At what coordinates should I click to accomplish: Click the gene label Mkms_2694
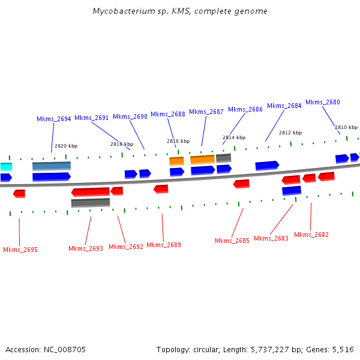(x=54, y=119)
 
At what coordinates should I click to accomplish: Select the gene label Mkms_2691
(x=92, y=118)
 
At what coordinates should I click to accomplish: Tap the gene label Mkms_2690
(x=130, y=116)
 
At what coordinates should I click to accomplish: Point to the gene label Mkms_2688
(x=168, y=114)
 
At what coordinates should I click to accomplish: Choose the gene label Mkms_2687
(x=206, y=112)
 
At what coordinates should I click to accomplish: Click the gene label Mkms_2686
(x=245, y=109)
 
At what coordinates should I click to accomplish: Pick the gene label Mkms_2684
(x=284, y=106)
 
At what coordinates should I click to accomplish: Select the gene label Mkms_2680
(x=323, y=102)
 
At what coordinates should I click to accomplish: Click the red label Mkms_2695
(x=20, y=250)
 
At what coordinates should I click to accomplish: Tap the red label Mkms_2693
(x=86, y=248)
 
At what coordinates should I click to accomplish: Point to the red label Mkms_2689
(x=164, y=245)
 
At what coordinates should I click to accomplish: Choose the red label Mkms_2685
(x=232, y=241)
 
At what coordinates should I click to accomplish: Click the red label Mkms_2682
(x=311, y=235)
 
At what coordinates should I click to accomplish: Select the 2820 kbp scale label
(x=66, y=146)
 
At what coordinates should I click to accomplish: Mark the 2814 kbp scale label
(x=234, y=137)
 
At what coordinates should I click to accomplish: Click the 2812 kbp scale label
(x=290, y=133)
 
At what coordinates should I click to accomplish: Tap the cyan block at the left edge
(x=6, y=166)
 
